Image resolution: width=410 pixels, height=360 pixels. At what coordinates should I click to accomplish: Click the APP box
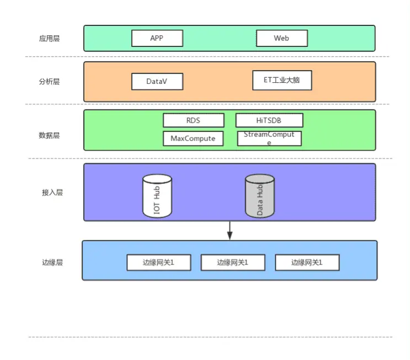click(157, 38)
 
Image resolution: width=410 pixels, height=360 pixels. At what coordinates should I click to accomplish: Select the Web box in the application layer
click(281, 38)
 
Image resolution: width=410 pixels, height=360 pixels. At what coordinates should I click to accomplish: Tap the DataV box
click(157, 81)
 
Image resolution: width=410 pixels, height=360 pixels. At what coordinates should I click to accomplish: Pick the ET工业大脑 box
click(282, 80)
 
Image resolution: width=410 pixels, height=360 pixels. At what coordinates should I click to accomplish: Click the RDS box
click(193, 120)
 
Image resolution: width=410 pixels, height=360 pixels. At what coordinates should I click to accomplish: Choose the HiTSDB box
click(269, 120)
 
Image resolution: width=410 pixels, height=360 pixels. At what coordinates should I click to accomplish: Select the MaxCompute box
click(193, 138)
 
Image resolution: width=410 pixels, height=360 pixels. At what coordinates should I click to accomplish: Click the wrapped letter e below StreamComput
click(269, 143)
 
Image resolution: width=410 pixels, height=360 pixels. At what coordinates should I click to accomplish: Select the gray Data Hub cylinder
click(259, 197)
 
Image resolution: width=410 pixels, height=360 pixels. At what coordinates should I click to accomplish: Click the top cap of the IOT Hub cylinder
click(157, 179)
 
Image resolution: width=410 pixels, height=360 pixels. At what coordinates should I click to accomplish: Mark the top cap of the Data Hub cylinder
click(259, 179)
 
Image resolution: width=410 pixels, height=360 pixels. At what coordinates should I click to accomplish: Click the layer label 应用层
click(49, 39)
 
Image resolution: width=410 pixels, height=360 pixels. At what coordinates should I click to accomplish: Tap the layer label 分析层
click(49, 81)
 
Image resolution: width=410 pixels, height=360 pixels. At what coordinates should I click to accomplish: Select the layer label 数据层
click(49, 135)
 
